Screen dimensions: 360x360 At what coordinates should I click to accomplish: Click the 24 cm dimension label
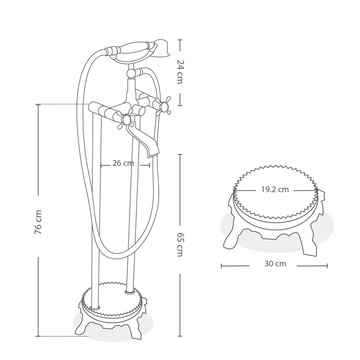click(x=180, y=72)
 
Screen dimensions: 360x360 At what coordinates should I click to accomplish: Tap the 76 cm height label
click(x=38, y=222)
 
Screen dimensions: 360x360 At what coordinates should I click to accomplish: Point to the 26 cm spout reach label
click(x=123, y=163)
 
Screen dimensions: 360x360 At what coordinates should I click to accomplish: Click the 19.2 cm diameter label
click(x=275, y=190)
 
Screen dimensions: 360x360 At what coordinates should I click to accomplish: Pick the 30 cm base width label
click(x=275, y=263)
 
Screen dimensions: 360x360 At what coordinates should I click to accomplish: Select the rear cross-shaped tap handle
click(x=164, y=106)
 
